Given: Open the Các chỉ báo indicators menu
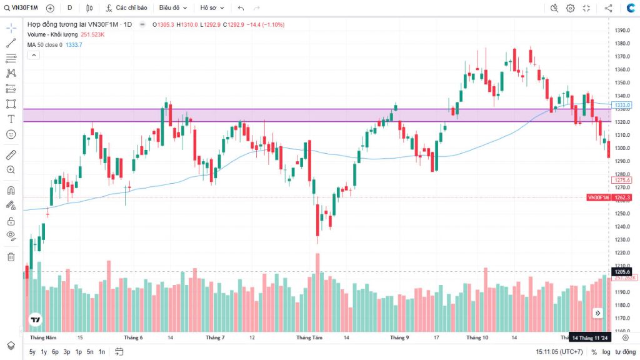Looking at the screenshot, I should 127,8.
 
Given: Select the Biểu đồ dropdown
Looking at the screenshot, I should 172,8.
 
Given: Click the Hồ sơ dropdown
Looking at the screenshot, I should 212,8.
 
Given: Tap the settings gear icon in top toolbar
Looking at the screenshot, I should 571,8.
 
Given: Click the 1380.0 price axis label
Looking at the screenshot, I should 621,43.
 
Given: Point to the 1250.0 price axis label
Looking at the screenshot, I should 621,214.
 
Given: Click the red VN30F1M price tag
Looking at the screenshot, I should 598,197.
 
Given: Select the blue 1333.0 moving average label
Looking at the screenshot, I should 622,105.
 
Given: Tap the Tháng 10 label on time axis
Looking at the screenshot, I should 477,337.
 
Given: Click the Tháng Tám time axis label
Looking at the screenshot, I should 309,337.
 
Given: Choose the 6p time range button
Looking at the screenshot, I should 55,352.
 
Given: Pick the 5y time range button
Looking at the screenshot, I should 32,352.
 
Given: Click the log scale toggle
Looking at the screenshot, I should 606,352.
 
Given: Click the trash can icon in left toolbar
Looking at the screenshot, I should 11,256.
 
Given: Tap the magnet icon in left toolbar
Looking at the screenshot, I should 11,191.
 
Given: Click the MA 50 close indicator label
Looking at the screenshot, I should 54,45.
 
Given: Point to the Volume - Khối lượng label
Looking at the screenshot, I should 52,34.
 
